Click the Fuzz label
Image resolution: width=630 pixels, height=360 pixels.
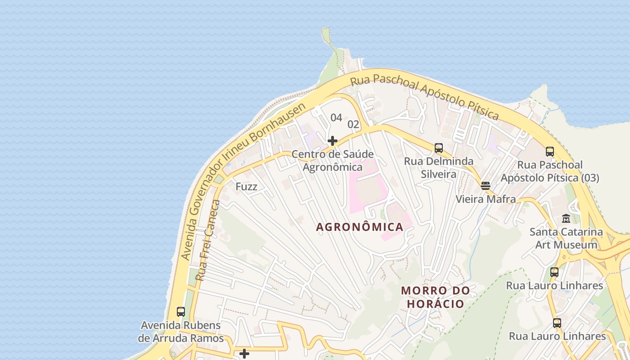click(247, 186)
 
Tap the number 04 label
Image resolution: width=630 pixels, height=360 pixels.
click(337, 118)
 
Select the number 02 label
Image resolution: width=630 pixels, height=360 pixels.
click(354, 125)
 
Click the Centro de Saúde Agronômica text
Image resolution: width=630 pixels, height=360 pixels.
click(333, 161)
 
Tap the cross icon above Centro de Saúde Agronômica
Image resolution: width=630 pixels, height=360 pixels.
click(333, 141)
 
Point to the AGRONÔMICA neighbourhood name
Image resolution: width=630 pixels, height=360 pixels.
click(360, 227)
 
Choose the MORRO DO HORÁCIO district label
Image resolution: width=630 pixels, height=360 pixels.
click(436, 297)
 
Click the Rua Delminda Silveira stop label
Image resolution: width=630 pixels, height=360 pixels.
click(439, 168)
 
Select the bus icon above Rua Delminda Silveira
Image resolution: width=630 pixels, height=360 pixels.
click(439, 148)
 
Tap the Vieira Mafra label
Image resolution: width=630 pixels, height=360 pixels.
click(486, 199)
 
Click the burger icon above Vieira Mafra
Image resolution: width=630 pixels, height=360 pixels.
click(486, 185)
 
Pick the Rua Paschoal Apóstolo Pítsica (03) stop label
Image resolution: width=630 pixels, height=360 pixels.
click(550, 171)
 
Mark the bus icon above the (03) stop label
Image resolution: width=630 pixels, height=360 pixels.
click(550, 152)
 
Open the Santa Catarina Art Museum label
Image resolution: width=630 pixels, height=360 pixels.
click(566, 238)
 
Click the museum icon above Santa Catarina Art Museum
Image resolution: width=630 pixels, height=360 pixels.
click(566, 219)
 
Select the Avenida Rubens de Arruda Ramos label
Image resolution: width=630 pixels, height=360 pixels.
click(181, 332)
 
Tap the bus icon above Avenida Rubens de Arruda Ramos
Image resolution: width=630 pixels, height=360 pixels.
click(181, 311)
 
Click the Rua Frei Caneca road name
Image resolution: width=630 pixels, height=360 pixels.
click(208, 241)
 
